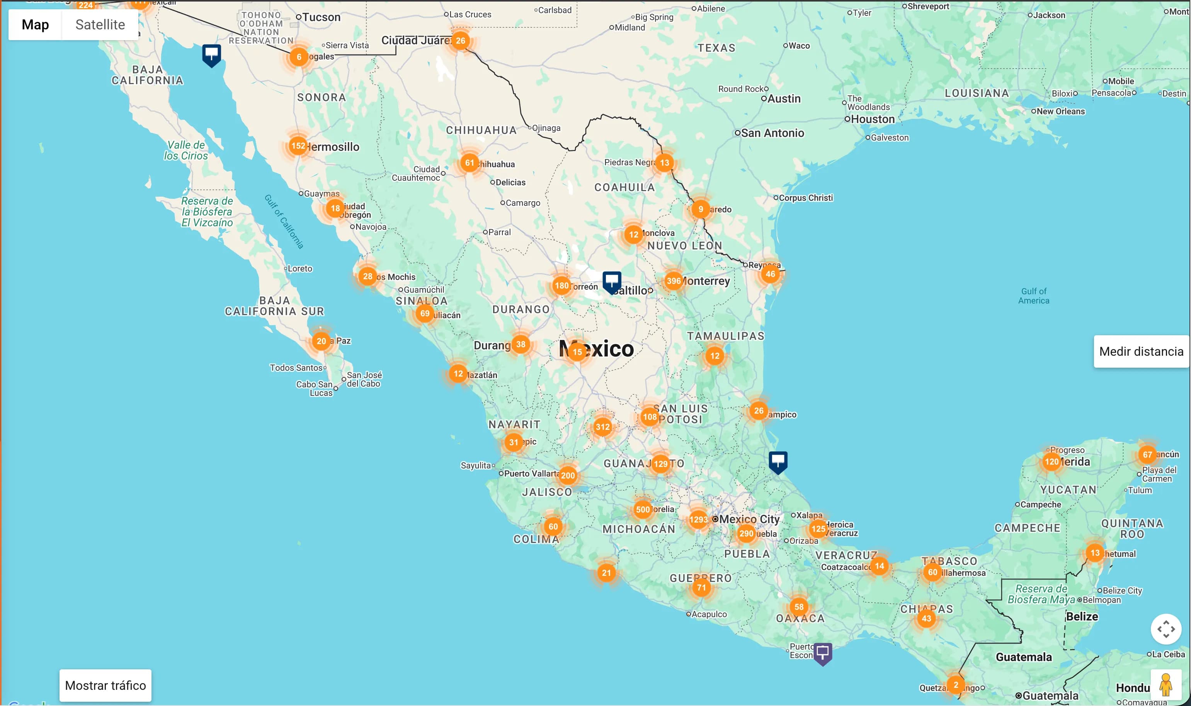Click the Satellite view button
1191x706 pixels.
[x=100, y=25]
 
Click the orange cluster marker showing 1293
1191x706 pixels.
[x=698, y=519]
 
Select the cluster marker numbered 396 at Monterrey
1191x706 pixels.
[x=673, y=281]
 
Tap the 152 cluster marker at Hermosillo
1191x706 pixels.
[x=298, y=146]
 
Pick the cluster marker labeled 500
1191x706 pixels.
[x=642, y=509]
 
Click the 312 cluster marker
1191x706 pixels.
[x=602, y=427]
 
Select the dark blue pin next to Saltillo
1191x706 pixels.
[x=611, y=281]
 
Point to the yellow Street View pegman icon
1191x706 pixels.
[x=1165, y=685]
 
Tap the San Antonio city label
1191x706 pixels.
[x=772, y=133]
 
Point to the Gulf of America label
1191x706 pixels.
[x=1033, y=296]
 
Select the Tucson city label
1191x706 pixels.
[x=321, y=17]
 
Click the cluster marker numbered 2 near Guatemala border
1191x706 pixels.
[x=955, y=685]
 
